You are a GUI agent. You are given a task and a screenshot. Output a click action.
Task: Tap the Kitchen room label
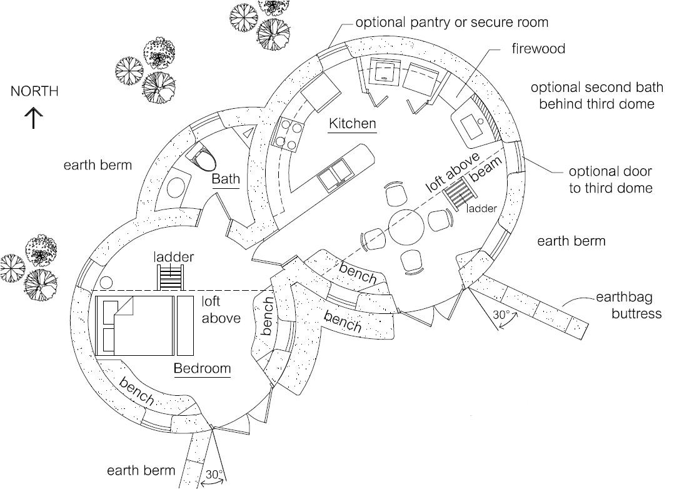(x=353, y=123)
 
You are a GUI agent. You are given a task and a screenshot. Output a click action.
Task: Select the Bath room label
(x=225, y=179)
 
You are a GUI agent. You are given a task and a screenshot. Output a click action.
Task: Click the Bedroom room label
(x=202, y=368)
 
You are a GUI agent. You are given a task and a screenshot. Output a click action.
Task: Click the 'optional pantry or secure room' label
(x=451, y=23)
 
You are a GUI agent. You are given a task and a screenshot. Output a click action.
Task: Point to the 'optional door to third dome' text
(x=610, y=179)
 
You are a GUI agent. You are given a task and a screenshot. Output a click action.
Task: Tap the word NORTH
(x=34, y=91)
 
